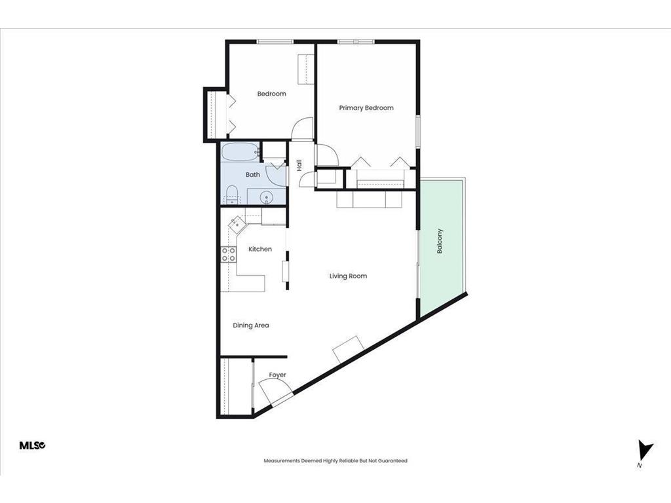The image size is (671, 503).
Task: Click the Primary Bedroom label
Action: click(x=366, y=108)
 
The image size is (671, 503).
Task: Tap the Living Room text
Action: click(x=348, y=276)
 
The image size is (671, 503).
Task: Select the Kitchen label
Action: click(x=259, y=250)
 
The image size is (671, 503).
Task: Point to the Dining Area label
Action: click(x=251, y=326)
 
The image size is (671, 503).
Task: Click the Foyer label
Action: click(x=277, y=375)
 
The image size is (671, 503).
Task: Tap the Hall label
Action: click(x=299, y=166)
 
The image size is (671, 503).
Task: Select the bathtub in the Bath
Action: click(x=239, y=153)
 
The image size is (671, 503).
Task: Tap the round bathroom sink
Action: click(x=267, y=196)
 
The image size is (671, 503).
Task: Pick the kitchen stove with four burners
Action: click(x=228, y=254)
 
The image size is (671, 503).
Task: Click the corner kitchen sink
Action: click(x=236, y=225)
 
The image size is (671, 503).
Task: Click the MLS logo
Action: click(x=32, y=445)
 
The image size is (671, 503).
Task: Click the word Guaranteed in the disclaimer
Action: click(x=392, y=461)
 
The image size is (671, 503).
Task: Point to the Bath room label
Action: click(x=253, y=175)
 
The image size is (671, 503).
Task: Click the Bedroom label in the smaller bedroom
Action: click(x=271, y=94)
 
